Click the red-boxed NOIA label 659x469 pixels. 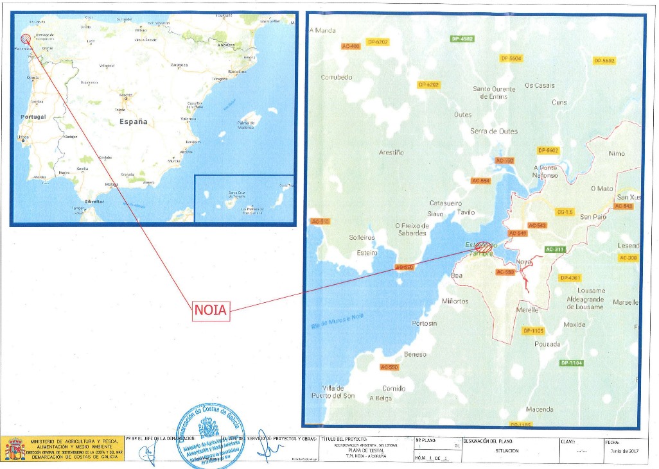[211, 311]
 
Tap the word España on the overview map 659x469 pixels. [133, 121]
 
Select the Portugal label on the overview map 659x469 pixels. [33, 117]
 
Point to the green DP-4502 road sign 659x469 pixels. [462, 39]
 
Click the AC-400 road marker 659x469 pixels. [351, 46]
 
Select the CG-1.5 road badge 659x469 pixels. [565, 212]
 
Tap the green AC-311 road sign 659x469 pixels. [554, 249]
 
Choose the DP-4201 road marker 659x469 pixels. [570, 278]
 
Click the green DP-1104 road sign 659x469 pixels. [571, 363]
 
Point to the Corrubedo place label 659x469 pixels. [337, 77]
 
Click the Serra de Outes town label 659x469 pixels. [493, 131]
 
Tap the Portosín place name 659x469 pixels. [424, 323]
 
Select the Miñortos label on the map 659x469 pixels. [455, 301]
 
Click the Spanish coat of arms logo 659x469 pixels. [15, 448]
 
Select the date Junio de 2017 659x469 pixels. [620, 450]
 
